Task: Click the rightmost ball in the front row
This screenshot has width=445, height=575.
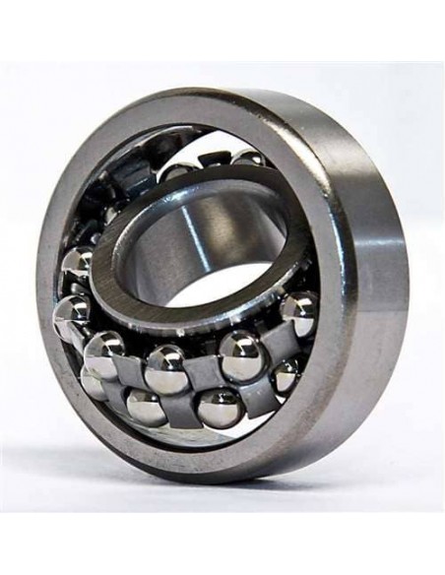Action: pos(298,313)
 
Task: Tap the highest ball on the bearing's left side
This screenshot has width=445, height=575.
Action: pos(77,265)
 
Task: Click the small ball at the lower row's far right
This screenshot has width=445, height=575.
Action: pos(286,375)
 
